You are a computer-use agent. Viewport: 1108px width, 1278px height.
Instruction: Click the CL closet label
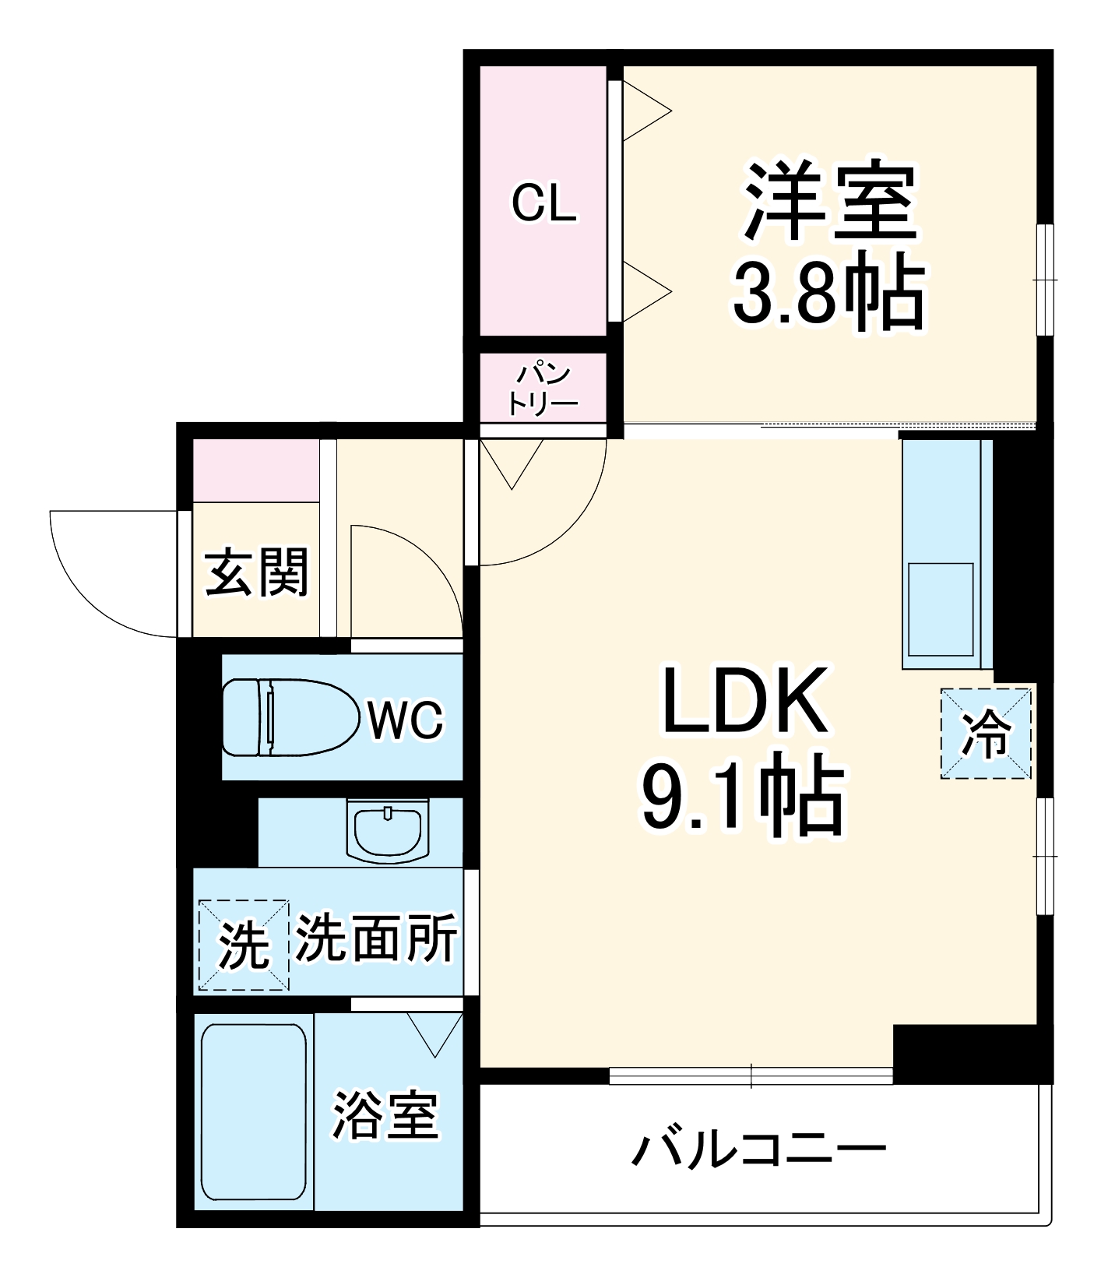[x=543, y=204]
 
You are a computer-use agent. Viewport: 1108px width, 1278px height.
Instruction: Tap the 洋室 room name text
[x=830, y=202]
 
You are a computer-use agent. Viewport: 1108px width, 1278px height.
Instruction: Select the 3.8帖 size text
[x=828, y=295]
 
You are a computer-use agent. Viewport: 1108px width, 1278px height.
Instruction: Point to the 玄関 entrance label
[x=257, y=572]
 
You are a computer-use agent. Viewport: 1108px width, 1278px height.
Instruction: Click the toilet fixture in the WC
[x=284, y=717]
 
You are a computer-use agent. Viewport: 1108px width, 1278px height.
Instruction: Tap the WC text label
[x=405, y=720]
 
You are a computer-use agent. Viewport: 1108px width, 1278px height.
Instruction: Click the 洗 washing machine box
[x=243, y=945]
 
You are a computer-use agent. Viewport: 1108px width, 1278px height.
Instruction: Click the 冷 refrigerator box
[x=986, y=734]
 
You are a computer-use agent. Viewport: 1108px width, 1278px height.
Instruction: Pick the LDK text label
[x=744, y=700]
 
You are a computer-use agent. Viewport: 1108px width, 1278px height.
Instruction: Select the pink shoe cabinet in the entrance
[x=256, y=470]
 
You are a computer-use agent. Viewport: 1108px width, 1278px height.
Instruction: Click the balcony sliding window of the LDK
[x=751, y=1076]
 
